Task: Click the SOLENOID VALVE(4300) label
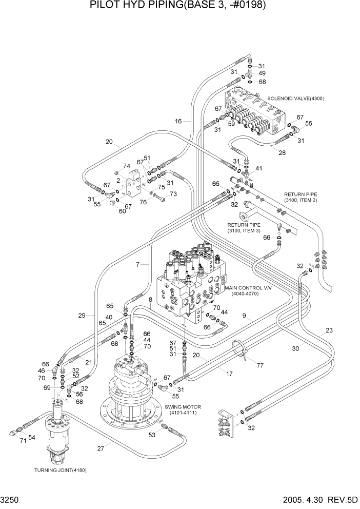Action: [296, 98]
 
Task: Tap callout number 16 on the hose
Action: [178, 121]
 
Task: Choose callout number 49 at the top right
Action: [262, 73]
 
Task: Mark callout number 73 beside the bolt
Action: [173, 194]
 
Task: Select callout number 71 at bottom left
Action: [23, 440]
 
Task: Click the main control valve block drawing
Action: [190, 287]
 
